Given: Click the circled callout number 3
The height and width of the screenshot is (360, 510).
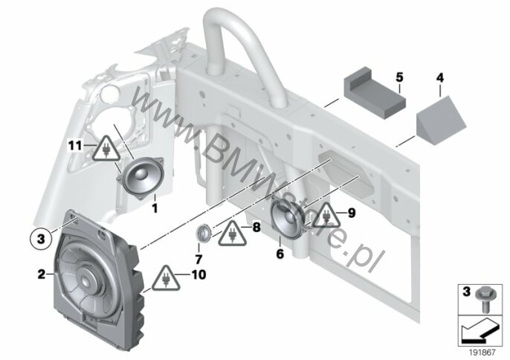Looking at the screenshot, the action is click(x=41, y=240).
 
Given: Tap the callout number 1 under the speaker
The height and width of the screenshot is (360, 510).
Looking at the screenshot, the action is click(x=155, y=208).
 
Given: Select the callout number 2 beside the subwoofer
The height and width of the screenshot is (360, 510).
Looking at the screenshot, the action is click(x=42, y=274).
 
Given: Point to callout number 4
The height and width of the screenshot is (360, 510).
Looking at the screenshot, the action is click(x=440, y=78).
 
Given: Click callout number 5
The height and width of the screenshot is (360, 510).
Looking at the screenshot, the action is click(x=399, y=77).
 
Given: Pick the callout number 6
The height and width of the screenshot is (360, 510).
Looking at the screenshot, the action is click(x=280, y=254).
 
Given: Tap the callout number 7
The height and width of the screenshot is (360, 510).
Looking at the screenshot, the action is click(x=198, y=259).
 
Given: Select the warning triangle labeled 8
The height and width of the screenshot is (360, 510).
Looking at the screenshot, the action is click(x=232, y=234).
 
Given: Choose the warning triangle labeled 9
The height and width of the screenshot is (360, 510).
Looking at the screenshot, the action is click(x=326, y=215).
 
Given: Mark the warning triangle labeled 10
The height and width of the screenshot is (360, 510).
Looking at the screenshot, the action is click(x=166, y=278).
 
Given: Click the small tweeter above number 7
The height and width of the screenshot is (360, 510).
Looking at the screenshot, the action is click(x=204, y=233).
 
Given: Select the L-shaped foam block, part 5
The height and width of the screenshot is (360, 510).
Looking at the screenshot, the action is click(x=375, y=93).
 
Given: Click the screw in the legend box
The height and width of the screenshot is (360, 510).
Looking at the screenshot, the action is click(x=484, y=300).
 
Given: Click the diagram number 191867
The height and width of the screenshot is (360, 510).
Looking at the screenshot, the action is click(x=482, y=352).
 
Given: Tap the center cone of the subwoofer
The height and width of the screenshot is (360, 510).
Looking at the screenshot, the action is click(x=87, y=278).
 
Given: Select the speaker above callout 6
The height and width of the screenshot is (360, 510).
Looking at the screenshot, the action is click(x=287, y=219).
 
